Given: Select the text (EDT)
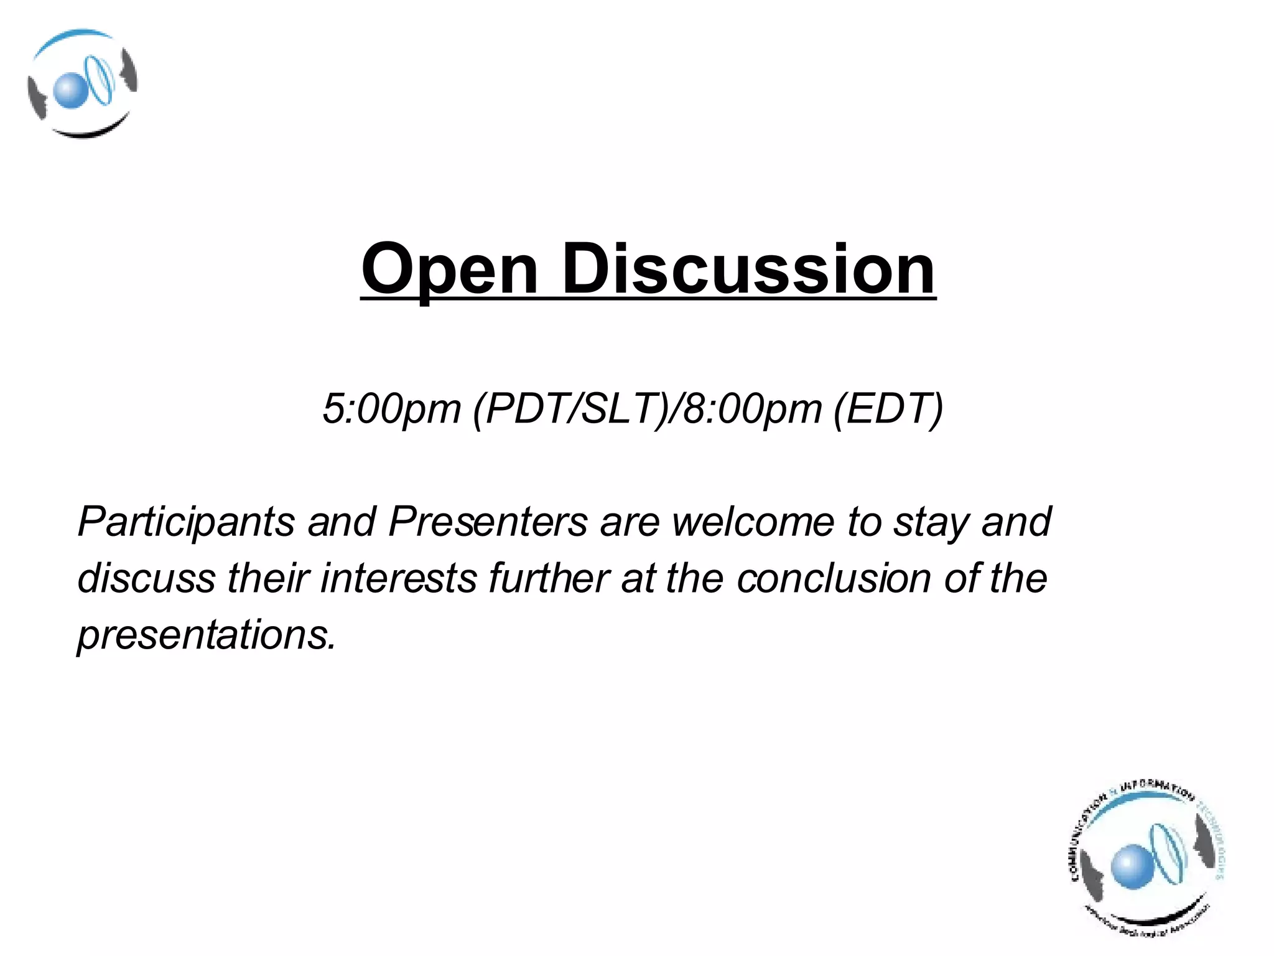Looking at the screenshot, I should (888, 409).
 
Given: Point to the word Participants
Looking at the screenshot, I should (186, 522).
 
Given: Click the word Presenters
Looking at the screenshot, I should (488, 521).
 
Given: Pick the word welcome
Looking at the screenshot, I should (753, 521).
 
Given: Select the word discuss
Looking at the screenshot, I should (146, 578).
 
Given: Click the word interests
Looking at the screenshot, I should (398, 578).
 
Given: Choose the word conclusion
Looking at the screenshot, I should (834, 578).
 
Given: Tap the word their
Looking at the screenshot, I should (268, 578).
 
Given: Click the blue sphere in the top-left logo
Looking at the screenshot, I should (68, 90).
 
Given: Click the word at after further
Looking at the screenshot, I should (637, 578).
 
